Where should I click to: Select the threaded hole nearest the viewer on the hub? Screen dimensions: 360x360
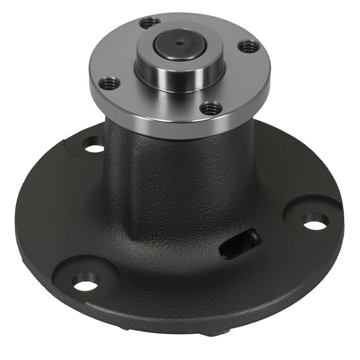pyautogui.click(x=210, y=108)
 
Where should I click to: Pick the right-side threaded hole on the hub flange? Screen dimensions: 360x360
pyautogui.click(x=249, y=46)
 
